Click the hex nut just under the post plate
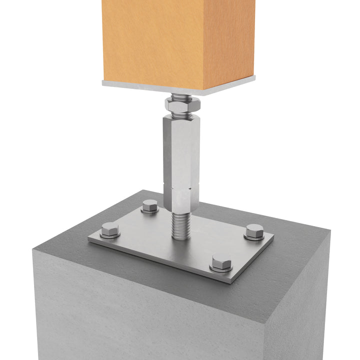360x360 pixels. (x=183, y=104)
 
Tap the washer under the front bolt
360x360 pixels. (x=221, y=268)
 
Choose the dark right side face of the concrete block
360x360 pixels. (x=300, y=300)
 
